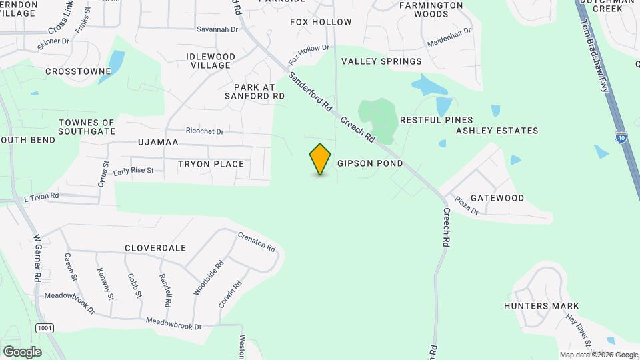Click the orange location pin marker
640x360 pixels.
click(x=321, y=159)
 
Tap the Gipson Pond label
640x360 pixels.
click(x=370, y=163)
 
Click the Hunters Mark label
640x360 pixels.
click(x=541, y=306)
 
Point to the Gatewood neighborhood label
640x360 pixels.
click(x=497, y=198)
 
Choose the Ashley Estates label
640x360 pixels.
click(x=497, y=131)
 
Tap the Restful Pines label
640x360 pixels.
click(x=427, y=120)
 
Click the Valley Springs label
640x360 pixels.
click(x=381, y=61)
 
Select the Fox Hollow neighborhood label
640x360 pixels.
click(x=321, y=22)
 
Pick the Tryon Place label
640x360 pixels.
click(x=211, y=164)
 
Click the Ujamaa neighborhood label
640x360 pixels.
click(x=158, y=143)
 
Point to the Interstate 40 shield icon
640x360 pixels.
click(x=621, y=137)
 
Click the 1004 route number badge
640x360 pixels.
click(x=45, y=328)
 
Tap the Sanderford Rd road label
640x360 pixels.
click(x=311, y=91)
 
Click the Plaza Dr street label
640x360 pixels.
click(x=467, y=206)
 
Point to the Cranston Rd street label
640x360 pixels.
click(x=257, y=241)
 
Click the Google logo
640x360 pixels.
click(x=22, y=351)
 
